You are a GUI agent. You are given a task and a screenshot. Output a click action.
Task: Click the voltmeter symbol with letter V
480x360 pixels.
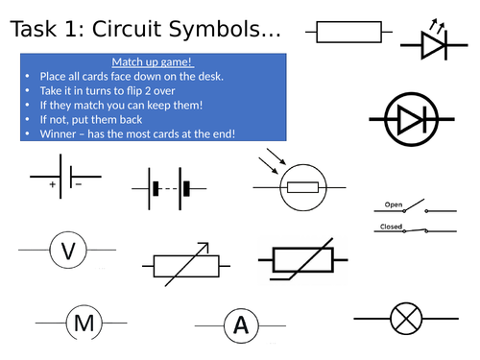(x=68, y=250)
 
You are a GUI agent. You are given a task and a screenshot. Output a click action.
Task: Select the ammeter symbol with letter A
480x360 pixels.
(x=241, y=325)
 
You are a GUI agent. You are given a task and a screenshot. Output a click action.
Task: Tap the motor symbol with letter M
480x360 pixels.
(x=84, y=323)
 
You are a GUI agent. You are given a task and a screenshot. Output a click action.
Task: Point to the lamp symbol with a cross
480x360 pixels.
(x=406, y=319)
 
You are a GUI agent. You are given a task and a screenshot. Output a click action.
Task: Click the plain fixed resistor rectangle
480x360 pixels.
(x=348, y=32)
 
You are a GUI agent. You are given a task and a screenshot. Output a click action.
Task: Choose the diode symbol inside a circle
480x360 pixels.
(x=412, y=119)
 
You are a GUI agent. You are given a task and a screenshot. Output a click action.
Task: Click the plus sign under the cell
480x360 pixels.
(x=53, y=184)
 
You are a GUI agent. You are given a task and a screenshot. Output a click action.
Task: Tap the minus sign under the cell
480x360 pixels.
(x=79, y=184)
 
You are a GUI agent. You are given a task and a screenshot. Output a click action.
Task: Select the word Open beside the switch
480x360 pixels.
(x=394, y=204)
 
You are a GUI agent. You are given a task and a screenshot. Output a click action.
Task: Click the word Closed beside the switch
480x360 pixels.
(x=391, y=227)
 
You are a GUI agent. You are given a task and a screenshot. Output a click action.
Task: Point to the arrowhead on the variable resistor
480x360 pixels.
(x=204, y=247)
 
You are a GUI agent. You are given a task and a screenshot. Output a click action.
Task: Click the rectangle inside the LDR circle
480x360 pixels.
(x=302, y=187)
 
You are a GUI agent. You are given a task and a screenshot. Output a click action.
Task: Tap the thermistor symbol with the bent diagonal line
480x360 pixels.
(x=302, y=260)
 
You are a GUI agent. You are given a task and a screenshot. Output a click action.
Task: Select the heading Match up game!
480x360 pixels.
(x=153, y=61)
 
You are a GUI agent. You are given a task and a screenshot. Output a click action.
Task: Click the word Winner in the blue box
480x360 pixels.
(x=58, y=133)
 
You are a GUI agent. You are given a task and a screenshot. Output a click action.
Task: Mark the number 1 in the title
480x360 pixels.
(x=72, y=29)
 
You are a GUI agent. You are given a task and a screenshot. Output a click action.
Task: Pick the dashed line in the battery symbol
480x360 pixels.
(x=170, y=189)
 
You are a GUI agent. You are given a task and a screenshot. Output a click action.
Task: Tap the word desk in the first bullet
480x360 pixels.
(x=210, y=77)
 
